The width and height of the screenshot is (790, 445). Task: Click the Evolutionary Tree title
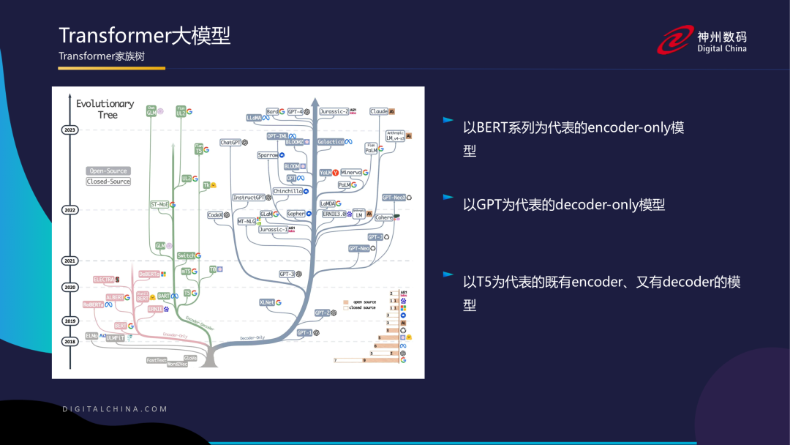pyautogui.click(x=105, y=109)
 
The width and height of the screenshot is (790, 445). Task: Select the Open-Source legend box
pyautogui.click(x=108, y=171)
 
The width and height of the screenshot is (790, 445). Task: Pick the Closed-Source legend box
pyautogui.click(x=108, y=182)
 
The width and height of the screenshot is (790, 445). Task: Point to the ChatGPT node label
pyautogui.click(x=231, y=143)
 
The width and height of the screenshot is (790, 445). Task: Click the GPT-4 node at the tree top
pyautogui.click(x=296, y=112)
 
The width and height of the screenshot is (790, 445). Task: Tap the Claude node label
pyautogui.click(x=379, y=111)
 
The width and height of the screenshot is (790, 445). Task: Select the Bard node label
pyautogui.click(x=272, y=112)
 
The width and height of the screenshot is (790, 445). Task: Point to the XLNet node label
pyautogui.click(x=267, y=302)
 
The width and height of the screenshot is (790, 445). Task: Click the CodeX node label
pyautogui.click(x=215, y=215)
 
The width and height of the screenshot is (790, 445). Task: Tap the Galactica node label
pyautogui.click(x=331, y=142)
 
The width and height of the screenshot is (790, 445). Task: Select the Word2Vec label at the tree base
pyautogui.click(x=176, y=364)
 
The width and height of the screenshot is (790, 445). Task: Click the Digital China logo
pyautogui.click(x=701, y=41)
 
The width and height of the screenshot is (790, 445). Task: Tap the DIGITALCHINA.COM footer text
pyautogui.click(x=115, y=409)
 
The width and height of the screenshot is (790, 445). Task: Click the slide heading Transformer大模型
pyautogui.click(x=145, y=36)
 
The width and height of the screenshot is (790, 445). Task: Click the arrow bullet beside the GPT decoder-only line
pyautogui.click(x=448, y=198)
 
